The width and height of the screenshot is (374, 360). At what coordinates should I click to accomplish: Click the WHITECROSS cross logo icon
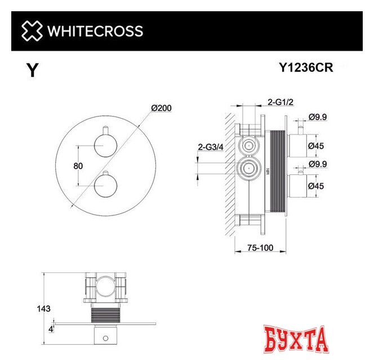pos(32,30)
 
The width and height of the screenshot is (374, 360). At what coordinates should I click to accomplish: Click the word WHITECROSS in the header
pos(95,31)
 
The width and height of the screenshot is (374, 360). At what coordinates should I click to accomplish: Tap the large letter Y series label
pos(33,70)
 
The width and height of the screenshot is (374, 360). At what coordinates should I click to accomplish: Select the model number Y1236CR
pos(306,68)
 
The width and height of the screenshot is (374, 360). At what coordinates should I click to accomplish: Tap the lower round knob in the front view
pos(105,184)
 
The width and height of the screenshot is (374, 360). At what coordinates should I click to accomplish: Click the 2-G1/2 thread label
pos(281,102)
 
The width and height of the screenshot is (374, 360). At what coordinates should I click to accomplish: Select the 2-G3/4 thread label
pos(210,147)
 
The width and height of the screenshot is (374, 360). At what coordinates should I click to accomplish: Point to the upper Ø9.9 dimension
pos(318,117)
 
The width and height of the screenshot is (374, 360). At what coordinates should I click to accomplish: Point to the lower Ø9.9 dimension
pos(318,164)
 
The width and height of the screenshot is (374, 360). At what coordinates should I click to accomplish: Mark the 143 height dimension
pos(43,308)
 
